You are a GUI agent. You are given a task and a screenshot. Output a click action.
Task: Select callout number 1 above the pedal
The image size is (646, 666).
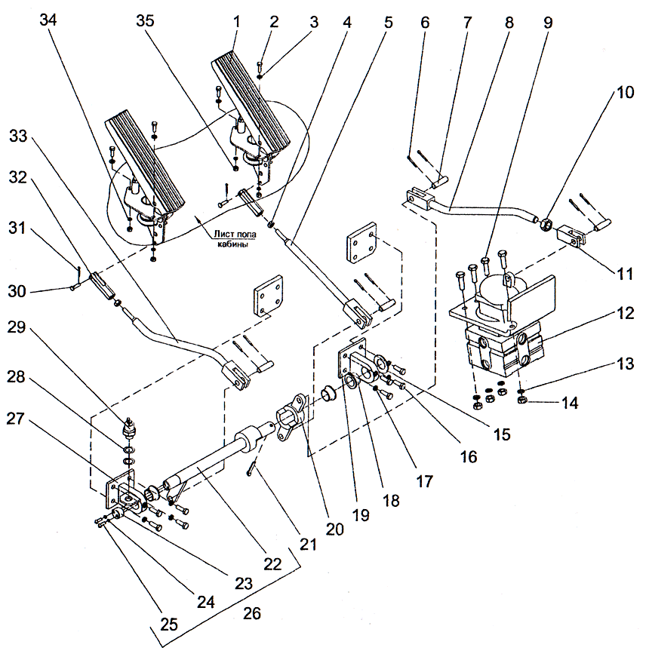[235, 22]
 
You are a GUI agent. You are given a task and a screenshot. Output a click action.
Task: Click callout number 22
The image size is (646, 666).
[272, 563]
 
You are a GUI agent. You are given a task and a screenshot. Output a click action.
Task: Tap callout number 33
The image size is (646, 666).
[17, 137]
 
